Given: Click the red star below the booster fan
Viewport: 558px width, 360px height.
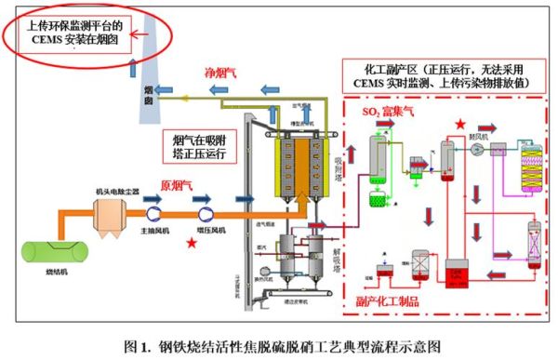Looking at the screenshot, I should tap(191, 243).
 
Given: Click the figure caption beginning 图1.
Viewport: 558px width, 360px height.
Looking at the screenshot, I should tap(279, 346).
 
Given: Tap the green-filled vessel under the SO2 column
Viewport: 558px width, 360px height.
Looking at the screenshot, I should tap(379, 197).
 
